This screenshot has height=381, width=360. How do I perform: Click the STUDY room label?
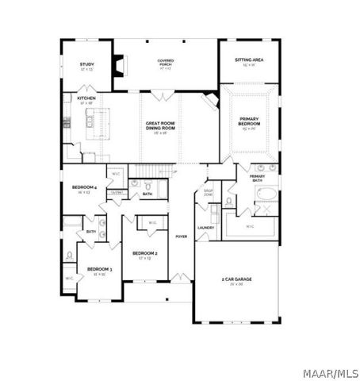(x=86, y=66)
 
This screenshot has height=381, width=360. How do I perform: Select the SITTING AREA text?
(x=248, y=61)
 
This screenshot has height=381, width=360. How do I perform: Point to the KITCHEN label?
(x=86, y=99)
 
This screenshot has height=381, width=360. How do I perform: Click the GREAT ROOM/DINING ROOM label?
(x=160, y=126)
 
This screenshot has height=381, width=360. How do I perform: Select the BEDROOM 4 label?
(x=84, y=188)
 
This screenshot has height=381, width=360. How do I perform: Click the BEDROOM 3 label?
(x=99, y=270)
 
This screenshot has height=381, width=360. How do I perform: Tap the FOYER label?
(x=182, y=236)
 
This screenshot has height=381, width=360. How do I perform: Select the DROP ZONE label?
(x=209, y=192)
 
